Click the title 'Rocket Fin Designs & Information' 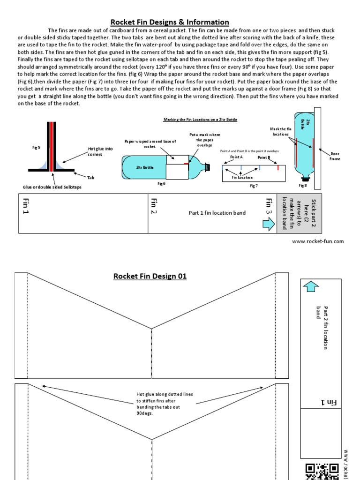(170, 22)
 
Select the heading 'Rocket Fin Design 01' (150, 276)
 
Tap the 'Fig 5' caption (36, 147)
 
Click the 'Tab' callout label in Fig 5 (90, 177)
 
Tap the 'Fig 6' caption (161, 183)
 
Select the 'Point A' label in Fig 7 (236, 157)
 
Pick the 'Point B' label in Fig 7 (263, 157)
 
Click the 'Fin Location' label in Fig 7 (242, 177)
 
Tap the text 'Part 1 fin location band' (217, 213)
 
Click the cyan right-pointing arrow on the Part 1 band (269, 225)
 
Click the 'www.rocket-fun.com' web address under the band (318, 241)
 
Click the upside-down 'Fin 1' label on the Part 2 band (329, 402)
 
